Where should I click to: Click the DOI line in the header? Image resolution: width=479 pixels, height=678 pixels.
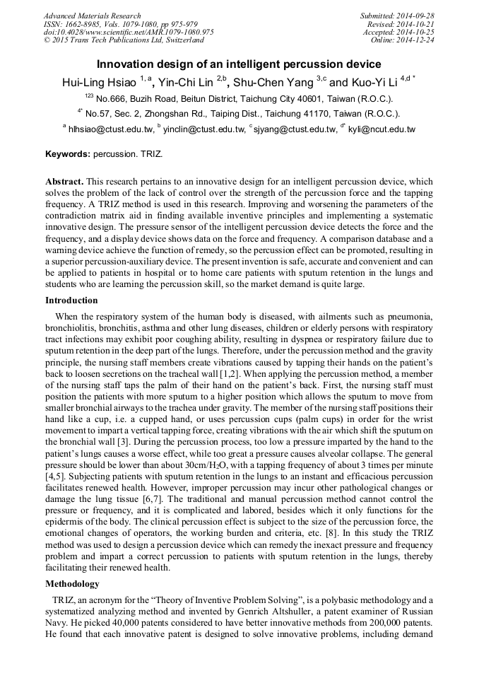(129, 32)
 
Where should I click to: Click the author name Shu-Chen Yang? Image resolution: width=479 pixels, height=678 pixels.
(275, 83)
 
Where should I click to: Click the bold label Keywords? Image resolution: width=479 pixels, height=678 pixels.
(68, 153)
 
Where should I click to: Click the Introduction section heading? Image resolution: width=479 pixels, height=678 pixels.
(71, 300)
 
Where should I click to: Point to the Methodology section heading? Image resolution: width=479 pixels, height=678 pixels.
(72, 584)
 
